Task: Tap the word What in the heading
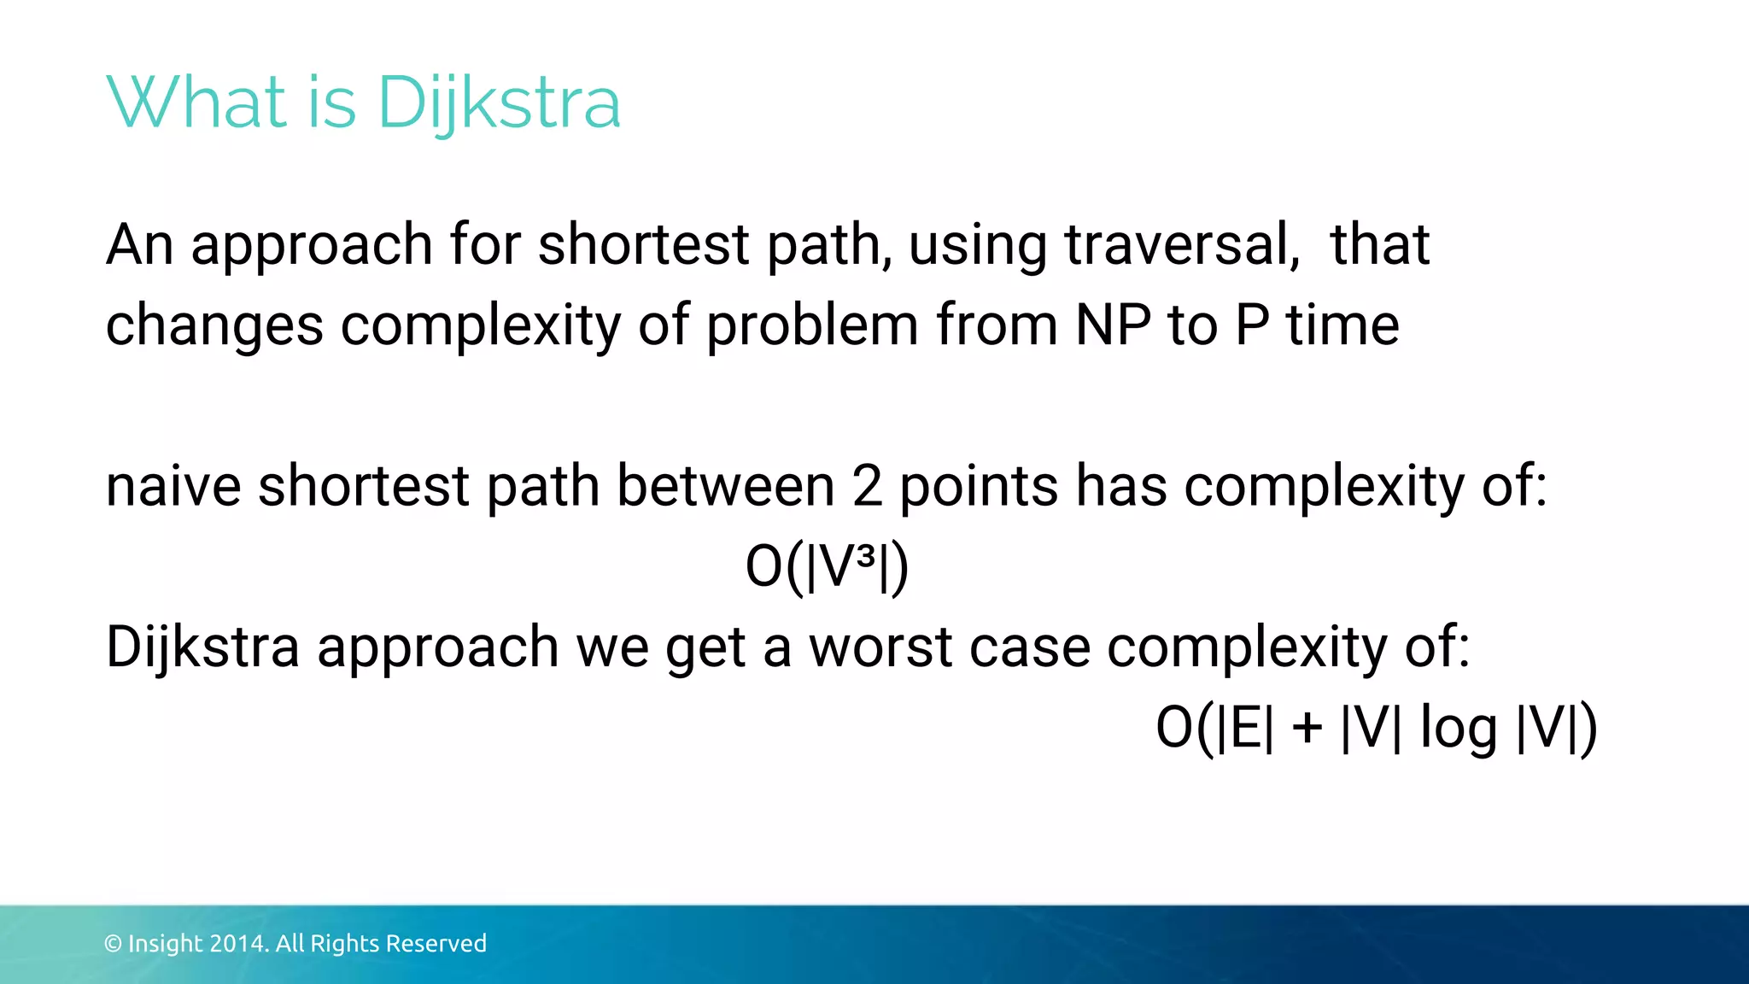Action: point(196,102)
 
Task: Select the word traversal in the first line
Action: point(1182,245)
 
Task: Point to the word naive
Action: point(173,487)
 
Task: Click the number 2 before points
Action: point(867,487)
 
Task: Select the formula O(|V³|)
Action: point(827,567)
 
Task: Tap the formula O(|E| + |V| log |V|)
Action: point(1375,729)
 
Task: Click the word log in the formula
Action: point(1458,729)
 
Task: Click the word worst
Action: point(880,647)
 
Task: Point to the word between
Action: point(725,487)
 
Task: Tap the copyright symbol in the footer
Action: point(113,944)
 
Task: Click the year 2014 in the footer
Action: point(239,944)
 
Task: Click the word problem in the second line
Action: point(812,325)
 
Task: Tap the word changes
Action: point(214,325)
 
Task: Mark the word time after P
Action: point(1342,325)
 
